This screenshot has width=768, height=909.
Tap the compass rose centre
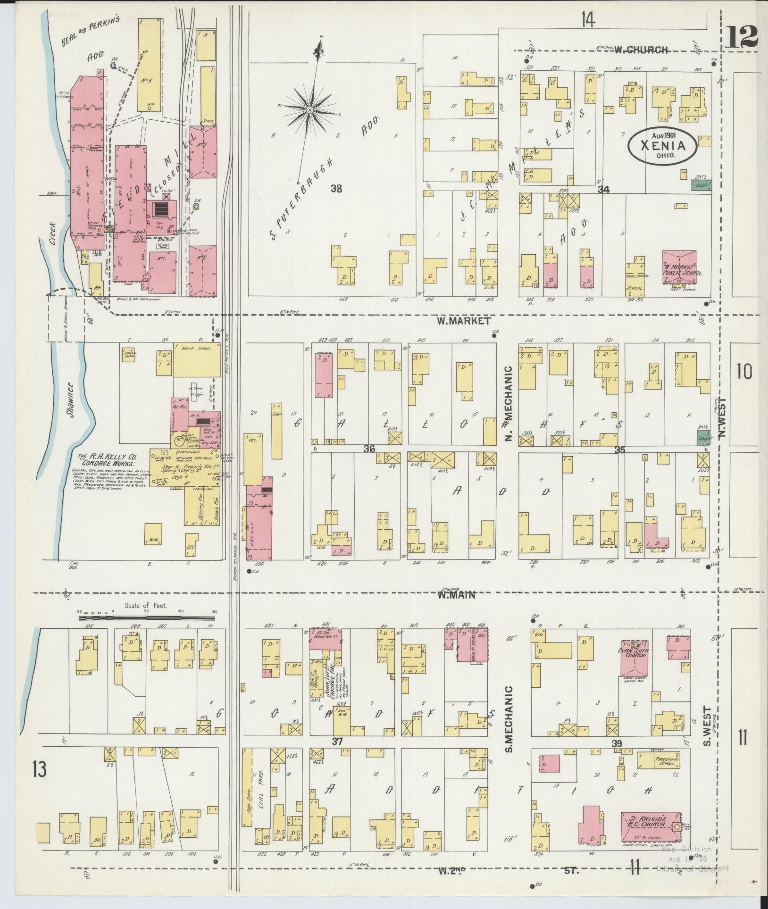(x=310, y=110)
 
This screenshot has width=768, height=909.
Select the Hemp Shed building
(x=196, y=359)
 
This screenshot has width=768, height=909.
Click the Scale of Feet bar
(x=147, y=617)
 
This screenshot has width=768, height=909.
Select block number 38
(x=336, y=189)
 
